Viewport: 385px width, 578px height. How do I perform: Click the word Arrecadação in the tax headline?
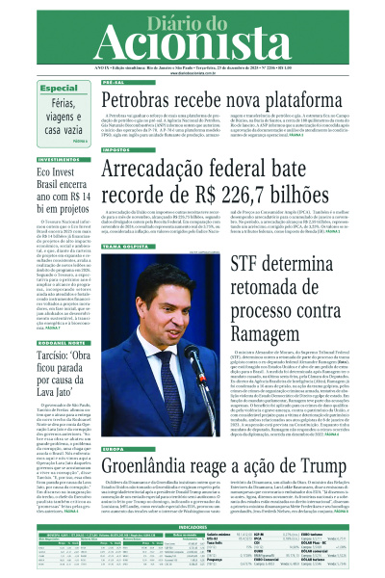169,171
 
